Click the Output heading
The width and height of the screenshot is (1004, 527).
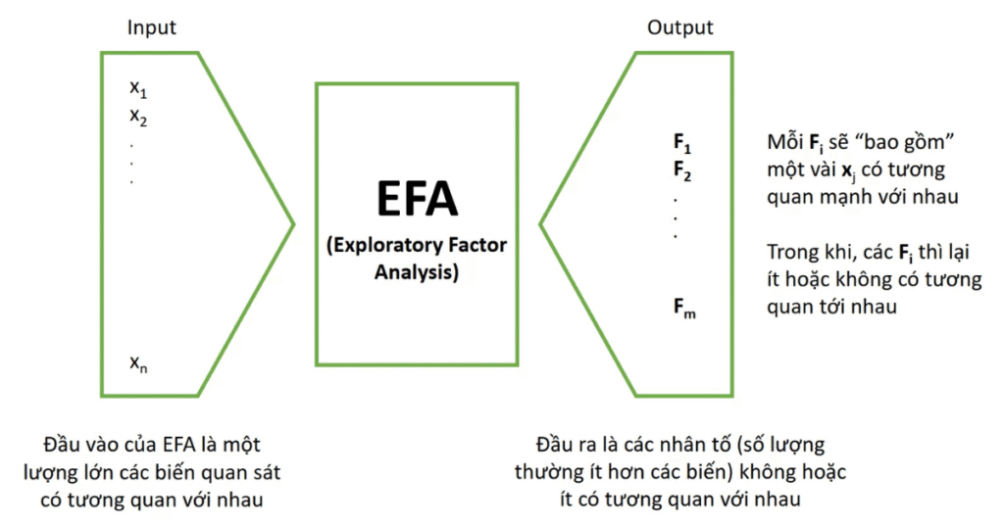click(679, 27)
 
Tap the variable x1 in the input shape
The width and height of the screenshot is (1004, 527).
click(137, 87)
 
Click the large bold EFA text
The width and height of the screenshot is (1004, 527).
click(417, 198)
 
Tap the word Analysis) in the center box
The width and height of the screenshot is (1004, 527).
click(417, 271)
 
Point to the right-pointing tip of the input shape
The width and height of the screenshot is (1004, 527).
click(293, 224)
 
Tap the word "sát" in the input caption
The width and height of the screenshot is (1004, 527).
click(266, 472)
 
